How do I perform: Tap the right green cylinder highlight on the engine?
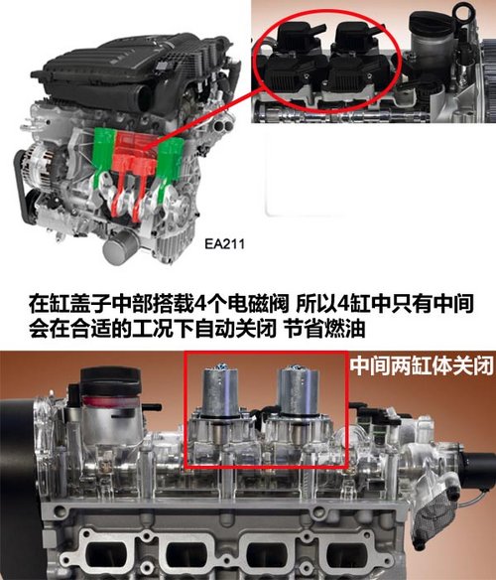pyautogui.click(x=172, y=159)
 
